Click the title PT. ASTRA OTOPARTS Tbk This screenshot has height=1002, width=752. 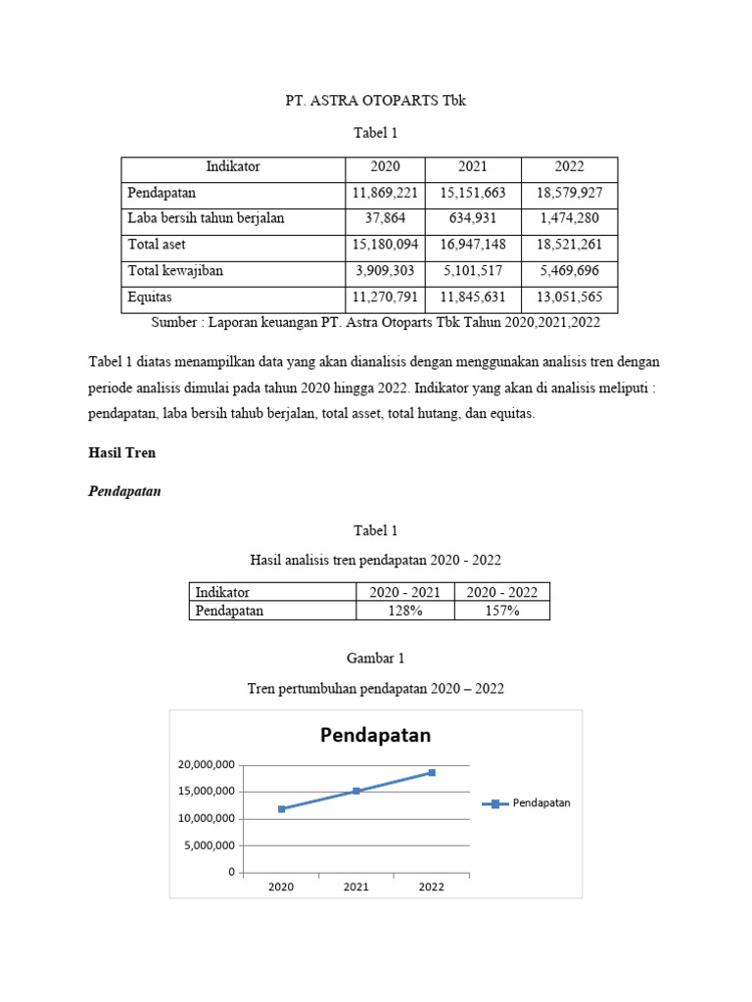[x=375, y=101]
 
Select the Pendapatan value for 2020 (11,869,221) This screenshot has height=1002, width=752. [x=385, y=193]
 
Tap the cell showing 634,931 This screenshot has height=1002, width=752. [x=473, y=218]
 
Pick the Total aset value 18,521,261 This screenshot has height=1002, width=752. [x=569, y=245]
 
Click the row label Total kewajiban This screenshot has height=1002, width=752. [x=175, y=271]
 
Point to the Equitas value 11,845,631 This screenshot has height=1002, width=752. [x=473, y=297]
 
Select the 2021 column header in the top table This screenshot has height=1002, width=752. [x=473, y=167]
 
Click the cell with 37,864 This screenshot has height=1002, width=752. [x=385, y=218]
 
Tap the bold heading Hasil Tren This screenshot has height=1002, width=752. [x=122, y=454]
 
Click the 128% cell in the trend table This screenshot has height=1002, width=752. [x=404, y=611]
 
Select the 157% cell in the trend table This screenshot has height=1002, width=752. [x=501, y=611]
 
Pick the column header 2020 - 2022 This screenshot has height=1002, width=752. [x=501, y=592]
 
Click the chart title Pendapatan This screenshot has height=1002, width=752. [x=375, y=735]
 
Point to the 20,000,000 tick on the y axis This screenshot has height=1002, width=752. [x=206, y=764]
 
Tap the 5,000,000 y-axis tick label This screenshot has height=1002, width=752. [x=209, y=845]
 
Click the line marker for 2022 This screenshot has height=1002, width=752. [x=431, y=773]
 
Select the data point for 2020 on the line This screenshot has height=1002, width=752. [x=282, y=809]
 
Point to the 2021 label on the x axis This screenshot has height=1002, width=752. [x=356, y=887]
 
